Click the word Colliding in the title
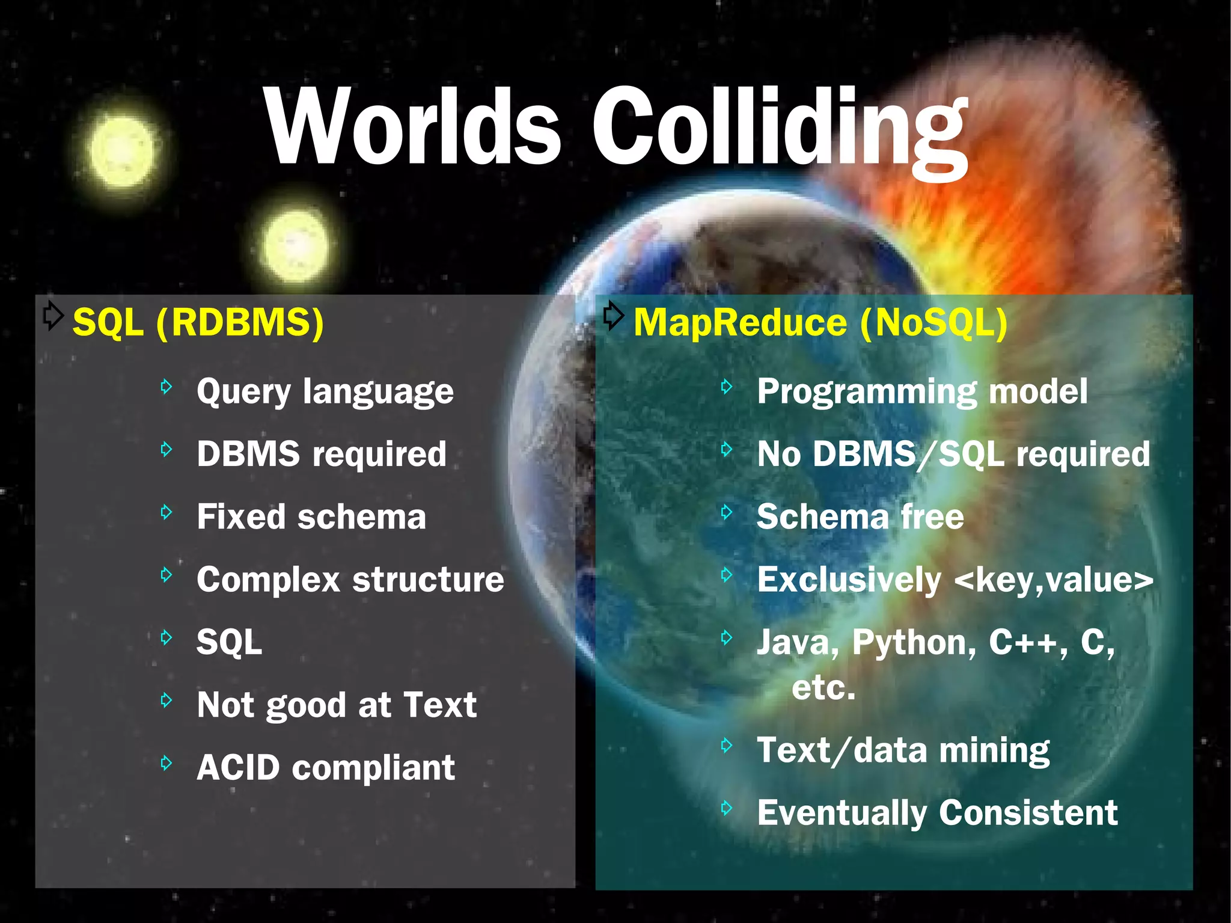[780, 129]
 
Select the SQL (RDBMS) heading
[198, 322]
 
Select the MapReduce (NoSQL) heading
[820, 322]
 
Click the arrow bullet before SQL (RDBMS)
[53, 314]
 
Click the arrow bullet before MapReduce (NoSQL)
[613, 314]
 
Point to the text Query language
[325, 392]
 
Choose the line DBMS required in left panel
[322, 454]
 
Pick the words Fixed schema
[311, 517]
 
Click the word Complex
[269, 580]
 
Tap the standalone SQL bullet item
[230, 642]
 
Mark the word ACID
[239, 768]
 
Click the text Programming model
[922, 392]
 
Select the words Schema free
[860, 517]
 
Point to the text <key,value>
[1054, 580]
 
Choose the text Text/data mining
[903, 750]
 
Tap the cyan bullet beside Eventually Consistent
[727, 808]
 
